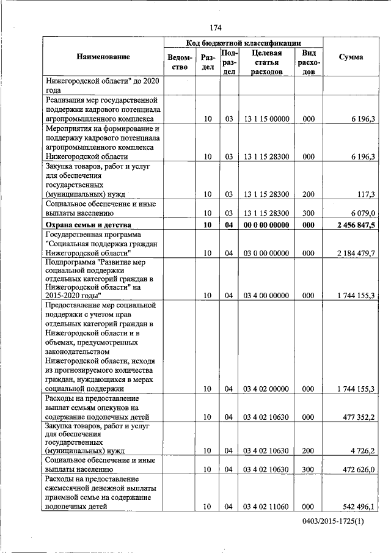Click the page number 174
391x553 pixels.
pos(215,27)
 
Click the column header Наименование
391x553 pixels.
pos(103,57)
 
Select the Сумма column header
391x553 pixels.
pos(351,57)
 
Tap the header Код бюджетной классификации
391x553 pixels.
pos(243,42)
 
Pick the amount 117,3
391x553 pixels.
pos(365,194)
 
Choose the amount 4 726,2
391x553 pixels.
pos(362,450)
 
